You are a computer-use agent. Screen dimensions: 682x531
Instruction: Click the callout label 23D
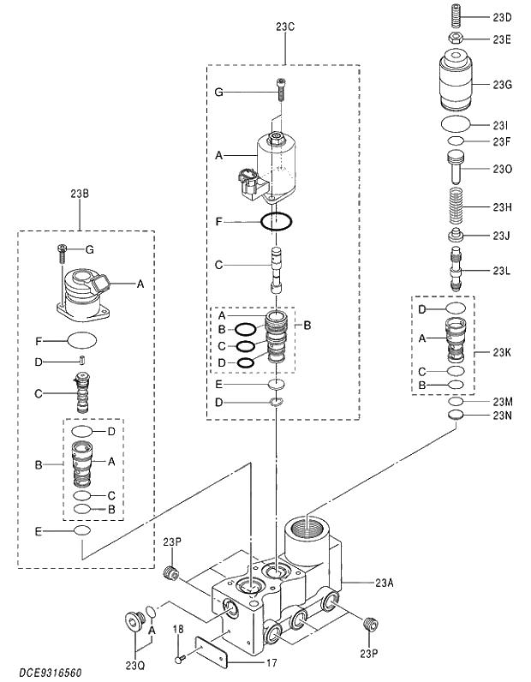(x=502, y=17)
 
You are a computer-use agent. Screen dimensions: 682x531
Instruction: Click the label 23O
(x=502, y=170)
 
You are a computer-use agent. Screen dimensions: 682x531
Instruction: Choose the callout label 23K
(x=502, y=352)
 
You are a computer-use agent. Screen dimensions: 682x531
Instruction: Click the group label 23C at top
(x=285, y=27)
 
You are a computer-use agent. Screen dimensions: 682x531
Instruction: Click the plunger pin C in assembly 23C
(x=277, y=269)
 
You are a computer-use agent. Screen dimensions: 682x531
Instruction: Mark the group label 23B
(x=80, y=193)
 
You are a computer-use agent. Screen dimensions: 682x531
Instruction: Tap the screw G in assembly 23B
(x=63, y=250)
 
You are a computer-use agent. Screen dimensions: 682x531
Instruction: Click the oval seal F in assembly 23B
(x=81, y=340)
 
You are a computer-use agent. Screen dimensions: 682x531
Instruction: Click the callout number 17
(x=271, y=661)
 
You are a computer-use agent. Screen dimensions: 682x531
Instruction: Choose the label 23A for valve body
(x=385, y=583)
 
